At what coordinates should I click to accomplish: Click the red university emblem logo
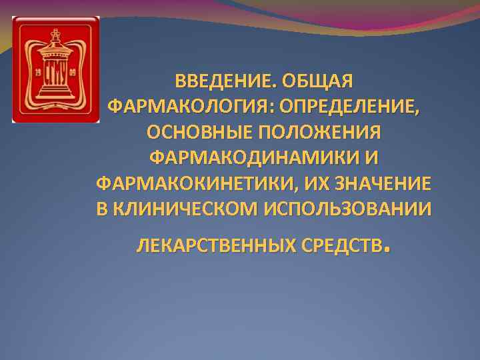click(55, 69)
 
